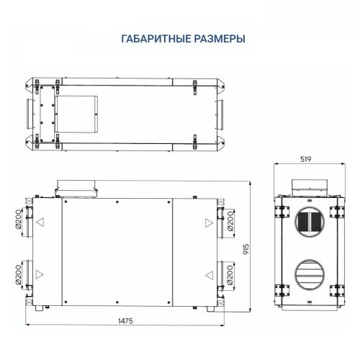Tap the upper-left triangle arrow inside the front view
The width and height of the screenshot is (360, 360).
[40, 222]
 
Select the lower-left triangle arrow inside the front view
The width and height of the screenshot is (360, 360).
[40, 274]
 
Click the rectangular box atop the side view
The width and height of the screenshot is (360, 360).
[310, 185]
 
